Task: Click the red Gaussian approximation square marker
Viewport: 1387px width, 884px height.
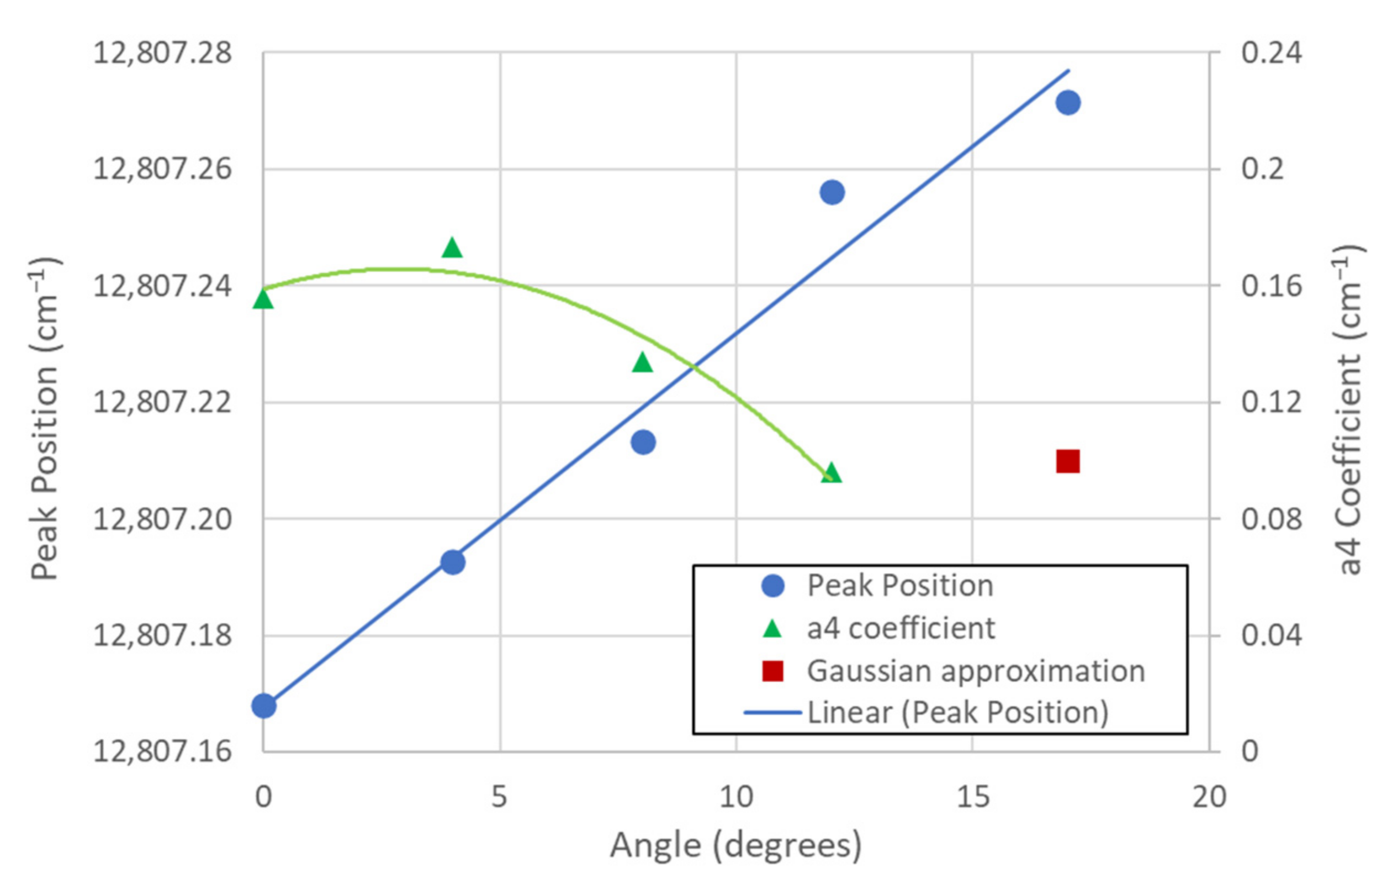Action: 1067,461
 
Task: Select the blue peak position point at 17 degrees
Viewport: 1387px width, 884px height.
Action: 1068,103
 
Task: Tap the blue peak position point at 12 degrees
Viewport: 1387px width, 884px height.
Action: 832,192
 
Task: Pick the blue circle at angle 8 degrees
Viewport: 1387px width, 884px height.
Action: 643,442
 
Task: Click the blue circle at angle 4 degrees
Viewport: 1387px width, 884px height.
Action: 453,562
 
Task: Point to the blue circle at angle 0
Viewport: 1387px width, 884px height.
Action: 264,706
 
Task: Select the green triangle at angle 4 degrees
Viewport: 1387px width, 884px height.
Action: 452,249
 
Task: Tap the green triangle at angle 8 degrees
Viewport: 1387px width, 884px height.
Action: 642,364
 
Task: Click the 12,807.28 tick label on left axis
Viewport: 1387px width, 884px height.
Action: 162,54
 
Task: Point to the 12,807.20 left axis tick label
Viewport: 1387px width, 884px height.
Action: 162,519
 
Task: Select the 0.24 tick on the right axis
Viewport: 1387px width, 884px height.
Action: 1270,53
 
